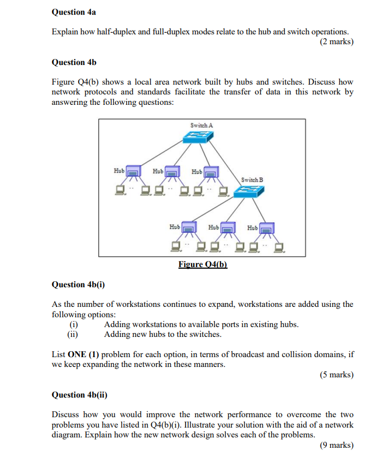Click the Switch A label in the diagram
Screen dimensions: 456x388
tap(201, 125)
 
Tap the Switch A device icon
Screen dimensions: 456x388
tap(200, 139)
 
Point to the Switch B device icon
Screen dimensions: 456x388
tap(249, 191)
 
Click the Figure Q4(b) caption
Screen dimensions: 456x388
tap(202, 264)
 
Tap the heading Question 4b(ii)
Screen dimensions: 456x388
tap(79, 395)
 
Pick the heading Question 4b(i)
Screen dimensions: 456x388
tap(77, 285)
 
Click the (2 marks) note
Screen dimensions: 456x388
tap(337, 42)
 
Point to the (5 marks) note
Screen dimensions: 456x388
tap(337, 375)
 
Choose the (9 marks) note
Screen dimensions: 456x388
tap(337, 445)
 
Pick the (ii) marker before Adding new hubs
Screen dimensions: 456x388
tap(71, 334)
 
